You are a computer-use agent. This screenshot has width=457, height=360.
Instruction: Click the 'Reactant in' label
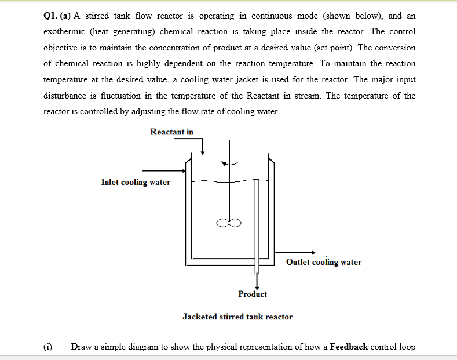[x=171, y=132]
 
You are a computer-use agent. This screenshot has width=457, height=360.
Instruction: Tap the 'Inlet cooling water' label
[x=136, y=182]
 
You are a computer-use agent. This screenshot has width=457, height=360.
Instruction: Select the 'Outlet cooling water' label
[x=323, y=262]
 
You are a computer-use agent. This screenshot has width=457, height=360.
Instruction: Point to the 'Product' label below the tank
[x=253, y=294]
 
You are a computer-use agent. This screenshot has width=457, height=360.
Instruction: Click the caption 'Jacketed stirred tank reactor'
[x=237, y=317]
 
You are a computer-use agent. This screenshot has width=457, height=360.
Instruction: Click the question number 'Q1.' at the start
[x=52, y=16]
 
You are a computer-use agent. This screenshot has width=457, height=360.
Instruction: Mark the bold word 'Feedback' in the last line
[x=349, y=347]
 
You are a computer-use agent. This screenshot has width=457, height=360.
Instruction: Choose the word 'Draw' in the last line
[x=81, y=347]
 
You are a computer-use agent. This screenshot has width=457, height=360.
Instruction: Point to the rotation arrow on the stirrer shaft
[x=232, y=164]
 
